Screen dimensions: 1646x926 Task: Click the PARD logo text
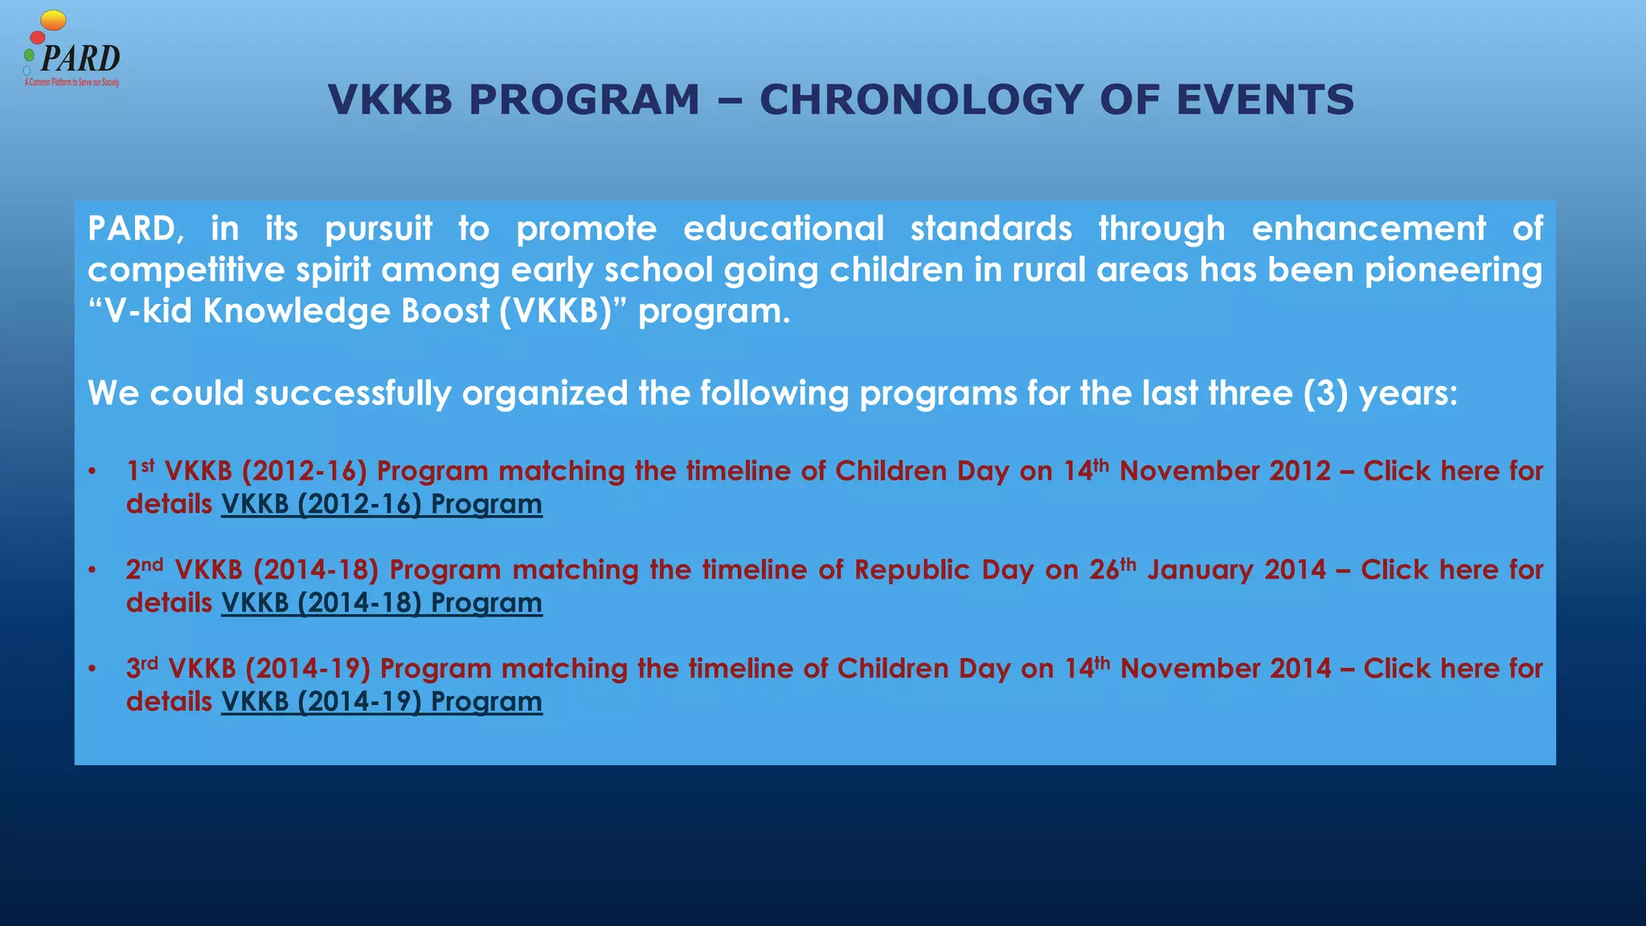pos(80,59)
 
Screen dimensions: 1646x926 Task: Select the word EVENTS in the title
pos(1265,100)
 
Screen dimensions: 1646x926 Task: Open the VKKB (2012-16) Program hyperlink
pos(382,505)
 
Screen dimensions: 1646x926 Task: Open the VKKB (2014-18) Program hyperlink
pos(382,604)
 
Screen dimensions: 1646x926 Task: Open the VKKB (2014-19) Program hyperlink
pos(382,703)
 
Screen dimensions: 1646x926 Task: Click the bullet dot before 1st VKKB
pos(93,472)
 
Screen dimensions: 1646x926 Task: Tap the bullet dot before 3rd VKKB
pos(93,670)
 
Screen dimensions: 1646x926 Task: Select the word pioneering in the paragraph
pos(1453,270)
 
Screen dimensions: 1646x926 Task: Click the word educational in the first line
pos(784,229)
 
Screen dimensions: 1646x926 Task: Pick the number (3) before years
pos(1325,394)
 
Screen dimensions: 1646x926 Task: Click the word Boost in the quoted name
pos(445,312)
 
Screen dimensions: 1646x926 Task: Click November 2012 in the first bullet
pos(1225,471)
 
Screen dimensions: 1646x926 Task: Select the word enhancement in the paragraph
pos(1369,229)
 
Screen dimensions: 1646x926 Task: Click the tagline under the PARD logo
pos(72,83)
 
